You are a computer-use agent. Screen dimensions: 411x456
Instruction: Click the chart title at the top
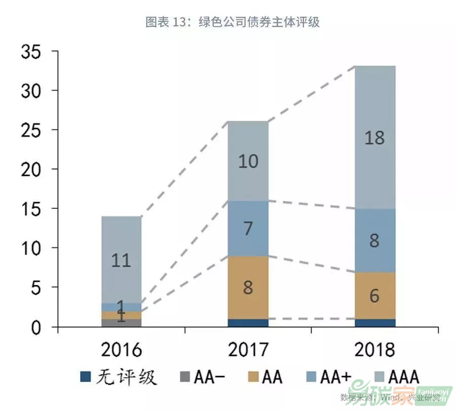pos(233,22)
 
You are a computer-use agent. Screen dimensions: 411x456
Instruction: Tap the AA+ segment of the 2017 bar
pos(247,228)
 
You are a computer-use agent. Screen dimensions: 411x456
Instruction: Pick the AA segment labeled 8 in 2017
pos(247,287)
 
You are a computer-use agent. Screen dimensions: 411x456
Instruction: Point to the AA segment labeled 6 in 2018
pos(374,295)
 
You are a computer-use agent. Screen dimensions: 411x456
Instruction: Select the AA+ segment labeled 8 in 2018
pos(374,240)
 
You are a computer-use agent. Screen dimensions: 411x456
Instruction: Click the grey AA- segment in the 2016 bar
pos(121,323)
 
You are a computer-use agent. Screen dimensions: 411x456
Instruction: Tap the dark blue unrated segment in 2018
pos(374,323)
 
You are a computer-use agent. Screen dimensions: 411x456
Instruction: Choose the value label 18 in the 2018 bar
pos(374,138)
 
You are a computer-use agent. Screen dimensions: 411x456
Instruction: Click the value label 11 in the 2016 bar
pos(121,260)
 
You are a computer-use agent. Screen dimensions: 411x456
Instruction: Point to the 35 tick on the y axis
pos(32,52)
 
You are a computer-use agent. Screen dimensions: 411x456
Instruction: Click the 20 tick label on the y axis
pos(32,169)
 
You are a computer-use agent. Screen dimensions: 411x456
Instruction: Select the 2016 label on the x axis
pos(121,350)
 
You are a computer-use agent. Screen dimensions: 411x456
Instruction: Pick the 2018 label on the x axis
pos(374,350)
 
